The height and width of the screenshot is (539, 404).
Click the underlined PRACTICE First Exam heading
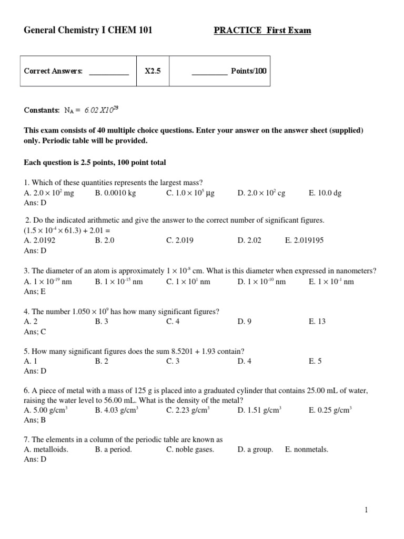point(262,31)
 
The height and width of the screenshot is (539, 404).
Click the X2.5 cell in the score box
point(153,71)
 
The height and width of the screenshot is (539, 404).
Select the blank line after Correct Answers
point(109,72)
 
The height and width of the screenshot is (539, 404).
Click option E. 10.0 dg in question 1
point(325,193)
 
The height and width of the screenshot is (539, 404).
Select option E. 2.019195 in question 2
point(304,240)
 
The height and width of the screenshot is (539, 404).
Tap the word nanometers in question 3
point(353,271)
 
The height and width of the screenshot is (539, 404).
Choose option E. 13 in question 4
point(317,322)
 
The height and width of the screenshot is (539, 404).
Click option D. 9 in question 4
point(245,322)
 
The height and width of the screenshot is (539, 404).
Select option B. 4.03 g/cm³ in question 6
point(116,410)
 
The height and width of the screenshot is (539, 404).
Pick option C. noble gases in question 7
point(190,450)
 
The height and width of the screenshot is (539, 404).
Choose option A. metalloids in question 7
point(46,450)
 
